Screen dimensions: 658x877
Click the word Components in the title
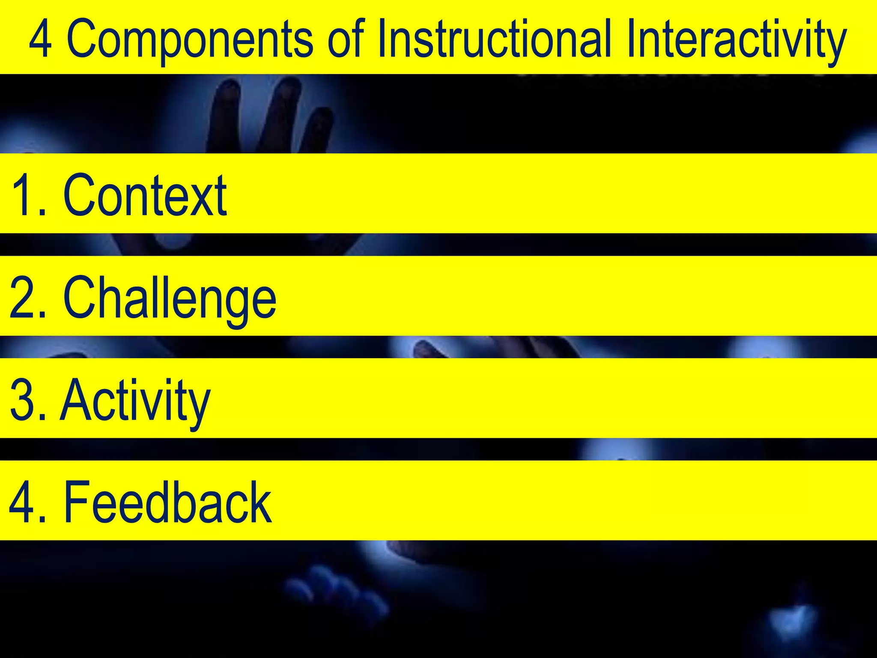coord(190,39)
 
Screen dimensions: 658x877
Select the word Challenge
coord(170,298)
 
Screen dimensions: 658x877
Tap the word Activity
coord(135,401)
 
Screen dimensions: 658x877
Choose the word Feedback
coord(167,502)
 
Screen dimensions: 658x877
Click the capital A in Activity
coord(77,400)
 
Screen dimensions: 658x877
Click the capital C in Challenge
coord(80,298)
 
